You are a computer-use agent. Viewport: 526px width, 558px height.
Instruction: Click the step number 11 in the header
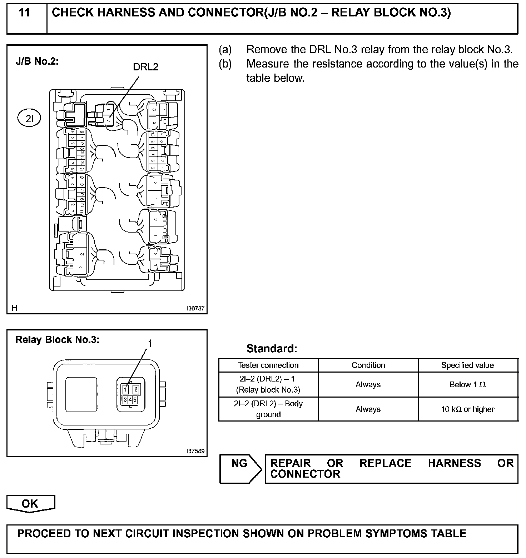click(24, 13)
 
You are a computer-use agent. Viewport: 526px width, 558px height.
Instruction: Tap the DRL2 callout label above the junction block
click(145, 67)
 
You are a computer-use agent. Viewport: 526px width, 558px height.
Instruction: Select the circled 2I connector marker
click(29, 119)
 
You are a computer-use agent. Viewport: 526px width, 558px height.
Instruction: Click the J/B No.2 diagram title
click(37, 61)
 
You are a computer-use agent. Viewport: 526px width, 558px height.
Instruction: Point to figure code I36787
click(195, 308)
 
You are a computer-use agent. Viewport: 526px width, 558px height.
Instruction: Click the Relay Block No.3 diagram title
click(58, 340)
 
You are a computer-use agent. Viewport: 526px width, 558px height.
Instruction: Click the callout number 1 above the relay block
click(150, 343)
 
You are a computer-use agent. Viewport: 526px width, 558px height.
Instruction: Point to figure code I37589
click(195, 451)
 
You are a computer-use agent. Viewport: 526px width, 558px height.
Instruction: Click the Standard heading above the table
click(272, 348)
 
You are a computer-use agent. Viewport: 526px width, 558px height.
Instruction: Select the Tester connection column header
click(268, 365)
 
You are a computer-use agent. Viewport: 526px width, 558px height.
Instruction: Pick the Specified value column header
click(467, 365)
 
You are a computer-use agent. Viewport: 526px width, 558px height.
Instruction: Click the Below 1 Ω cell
click(467, 384)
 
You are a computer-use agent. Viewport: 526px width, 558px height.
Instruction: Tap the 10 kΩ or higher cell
click(467, 409)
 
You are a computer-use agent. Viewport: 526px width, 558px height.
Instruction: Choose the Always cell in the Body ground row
click(368, 409)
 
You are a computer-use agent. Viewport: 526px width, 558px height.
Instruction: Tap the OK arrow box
click(30, 504)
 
